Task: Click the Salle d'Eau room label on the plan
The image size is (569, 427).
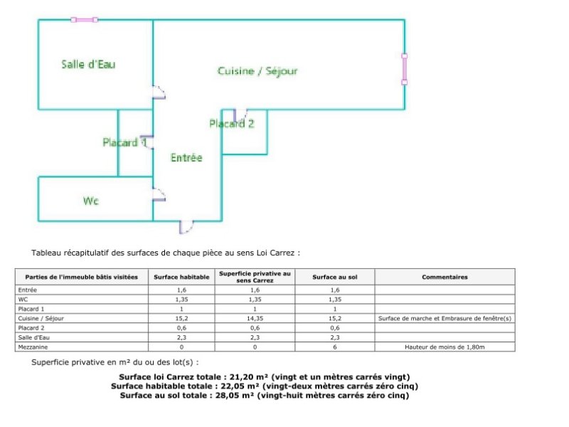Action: tap(88, 64)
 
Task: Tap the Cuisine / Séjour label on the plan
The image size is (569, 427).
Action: tap(257, 70)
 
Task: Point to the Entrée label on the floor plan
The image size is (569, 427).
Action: tap(186, 157)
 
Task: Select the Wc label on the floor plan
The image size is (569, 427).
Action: tap(91, 201)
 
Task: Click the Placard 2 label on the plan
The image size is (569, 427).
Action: tap(232, 124)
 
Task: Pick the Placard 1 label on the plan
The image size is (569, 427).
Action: tap(124, 142)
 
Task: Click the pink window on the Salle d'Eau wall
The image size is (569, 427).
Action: tap(84, 20)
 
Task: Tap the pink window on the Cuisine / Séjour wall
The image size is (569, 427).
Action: tap(404, 69)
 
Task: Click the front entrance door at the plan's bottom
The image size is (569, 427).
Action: tap(186, 226)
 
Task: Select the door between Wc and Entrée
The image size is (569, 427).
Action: tap(159, 194)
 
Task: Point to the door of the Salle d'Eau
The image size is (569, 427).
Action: tap(159, 93)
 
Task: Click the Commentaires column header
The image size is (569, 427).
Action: tap(445, 277)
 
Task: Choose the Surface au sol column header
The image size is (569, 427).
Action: tap(334, 277)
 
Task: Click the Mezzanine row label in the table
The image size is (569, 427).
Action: tap(33, 347)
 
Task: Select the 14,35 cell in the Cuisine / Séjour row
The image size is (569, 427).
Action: tap(255, 318)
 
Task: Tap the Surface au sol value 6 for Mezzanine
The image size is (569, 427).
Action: tap(334, 347)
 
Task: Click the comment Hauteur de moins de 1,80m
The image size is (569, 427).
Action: tap(445, 347)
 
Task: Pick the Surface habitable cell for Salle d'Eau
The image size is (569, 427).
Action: tap(181, 337)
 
